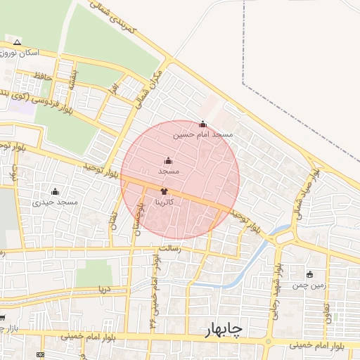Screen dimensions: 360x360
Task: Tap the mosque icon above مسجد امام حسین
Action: [202, 124]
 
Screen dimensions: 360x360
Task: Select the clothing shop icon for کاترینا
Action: [164, 191]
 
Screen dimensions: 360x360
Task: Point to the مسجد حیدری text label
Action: [55, 202]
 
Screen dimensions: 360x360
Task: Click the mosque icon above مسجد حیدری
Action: [55, 192]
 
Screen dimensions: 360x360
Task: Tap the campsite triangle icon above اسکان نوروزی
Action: [18, 42]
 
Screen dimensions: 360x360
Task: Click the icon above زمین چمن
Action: [309, 274]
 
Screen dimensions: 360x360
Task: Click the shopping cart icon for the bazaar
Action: [2, 318]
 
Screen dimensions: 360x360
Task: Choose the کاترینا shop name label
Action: [164, 202]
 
